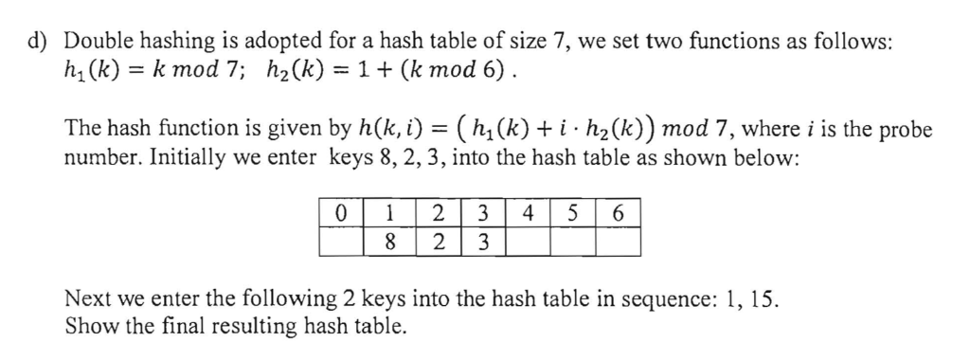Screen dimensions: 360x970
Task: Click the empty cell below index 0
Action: tap(341, 242)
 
